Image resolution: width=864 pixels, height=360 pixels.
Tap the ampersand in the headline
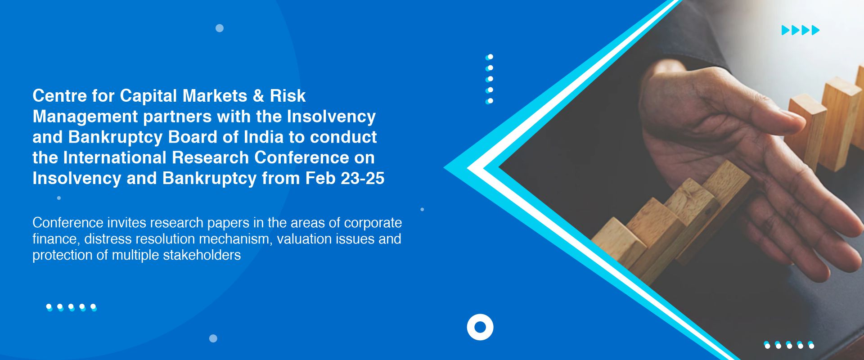258,96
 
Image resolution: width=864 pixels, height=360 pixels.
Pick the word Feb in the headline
320,179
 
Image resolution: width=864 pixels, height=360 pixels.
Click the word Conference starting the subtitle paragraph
68,223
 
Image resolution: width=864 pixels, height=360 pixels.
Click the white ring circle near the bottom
480,327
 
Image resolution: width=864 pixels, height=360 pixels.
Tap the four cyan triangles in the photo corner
801,30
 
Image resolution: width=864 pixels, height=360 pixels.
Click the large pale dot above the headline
220,28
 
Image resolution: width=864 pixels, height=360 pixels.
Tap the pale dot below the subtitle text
213,338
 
